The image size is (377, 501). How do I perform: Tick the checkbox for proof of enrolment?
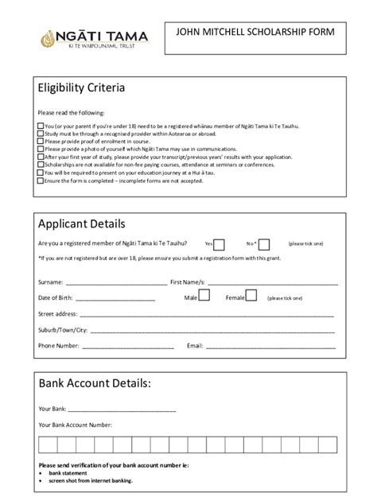(x=41, y=142)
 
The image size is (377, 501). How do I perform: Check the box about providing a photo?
(x=41, y=150)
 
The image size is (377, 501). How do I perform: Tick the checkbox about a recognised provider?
(x=41, y=134)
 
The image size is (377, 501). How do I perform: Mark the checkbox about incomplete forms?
(x=41, y=181)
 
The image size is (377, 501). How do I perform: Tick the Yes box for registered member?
(x=220, y=244)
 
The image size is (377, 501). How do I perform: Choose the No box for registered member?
(x=264, y=244)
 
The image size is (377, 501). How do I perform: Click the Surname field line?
(x=116, y=283)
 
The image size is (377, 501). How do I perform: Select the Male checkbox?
(x=204, y=296)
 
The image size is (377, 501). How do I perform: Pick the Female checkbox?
(x=251, y=296)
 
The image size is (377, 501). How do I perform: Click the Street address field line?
(x=207, y=316)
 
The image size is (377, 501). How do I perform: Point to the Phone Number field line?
(x=127, y=348)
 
